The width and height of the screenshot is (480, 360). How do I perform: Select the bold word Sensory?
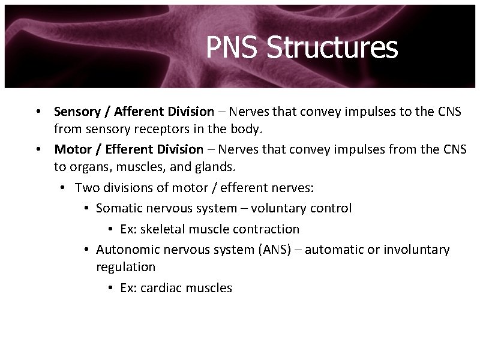[x=76, y=111]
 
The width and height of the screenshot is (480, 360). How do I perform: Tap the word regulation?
[x=125, y=266]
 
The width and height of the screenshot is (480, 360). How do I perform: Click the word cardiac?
[x=161, y=287]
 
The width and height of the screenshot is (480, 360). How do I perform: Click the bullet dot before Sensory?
[x=37, y=112]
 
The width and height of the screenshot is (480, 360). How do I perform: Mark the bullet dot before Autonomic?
[x=87, y=250]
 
